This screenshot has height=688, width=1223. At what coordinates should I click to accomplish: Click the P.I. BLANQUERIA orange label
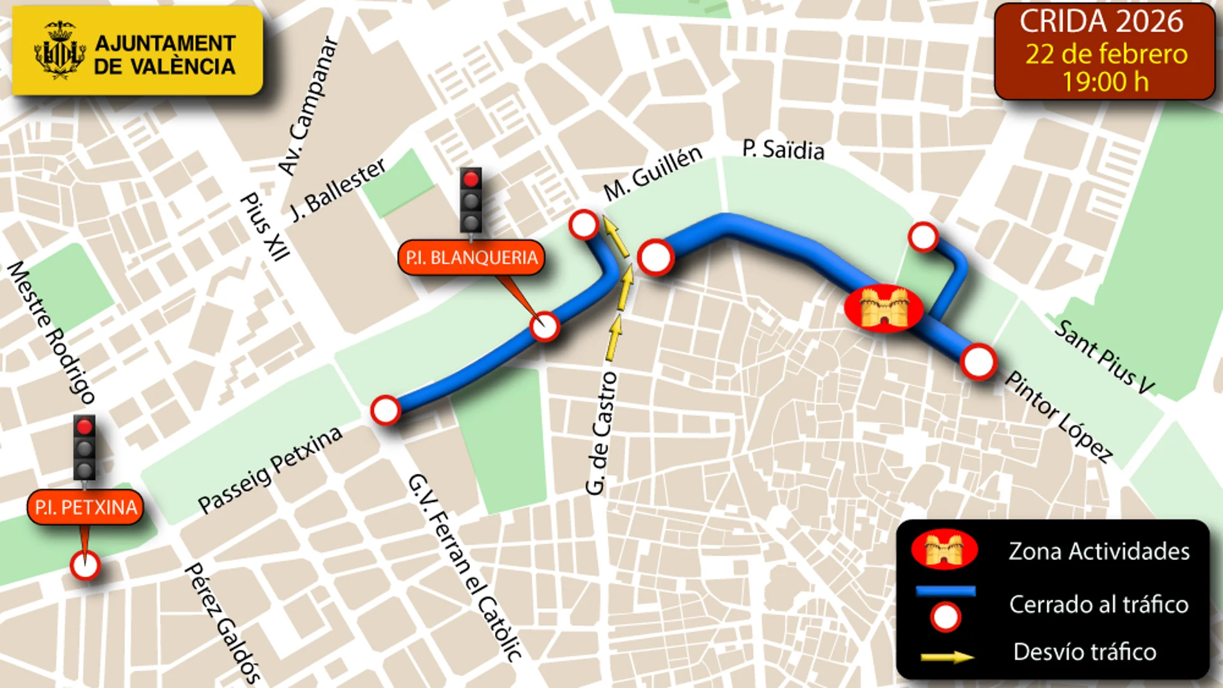point(471,257)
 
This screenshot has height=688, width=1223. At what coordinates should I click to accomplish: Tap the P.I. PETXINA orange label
point(86,507)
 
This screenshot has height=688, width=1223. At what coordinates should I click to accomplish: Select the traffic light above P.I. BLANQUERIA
point(471,200)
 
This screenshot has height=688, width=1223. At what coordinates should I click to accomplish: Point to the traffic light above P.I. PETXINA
point(84,448)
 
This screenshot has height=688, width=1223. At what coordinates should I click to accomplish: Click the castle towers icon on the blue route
point(884,308)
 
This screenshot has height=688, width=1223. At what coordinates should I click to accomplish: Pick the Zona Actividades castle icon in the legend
point(944,550)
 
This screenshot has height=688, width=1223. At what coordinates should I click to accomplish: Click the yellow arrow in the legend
point(947,656)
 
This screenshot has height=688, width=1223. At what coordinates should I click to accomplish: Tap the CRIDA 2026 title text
point(1101,22)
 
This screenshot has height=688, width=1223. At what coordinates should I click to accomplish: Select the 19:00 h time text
point(1105,82)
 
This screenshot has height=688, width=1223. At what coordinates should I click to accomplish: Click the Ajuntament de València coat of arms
point(59,50)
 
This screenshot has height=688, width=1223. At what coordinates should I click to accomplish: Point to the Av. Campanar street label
point(308,106)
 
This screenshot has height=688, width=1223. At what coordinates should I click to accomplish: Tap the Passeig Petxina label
point(270,470)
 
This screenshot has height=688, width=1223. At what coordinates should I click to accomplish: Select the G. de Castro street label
point(601,433)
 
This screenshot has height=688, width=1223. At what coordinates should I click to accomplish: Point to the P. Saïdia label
point(783,149)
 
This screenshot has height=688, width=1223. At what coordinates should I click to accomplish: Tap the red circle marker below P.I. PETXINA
point(85,566)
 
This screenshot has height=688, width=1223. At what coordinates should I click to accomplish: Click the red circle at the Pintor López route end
point(978,361)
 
